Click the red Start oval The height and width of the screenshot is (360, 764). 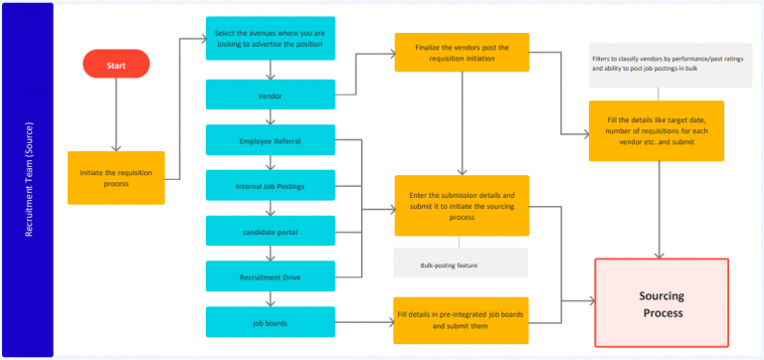pyautogui.click(x=116, y=65)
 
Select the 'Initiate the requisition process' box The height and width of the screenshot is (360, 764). pyautogui.click(x=116, y=178)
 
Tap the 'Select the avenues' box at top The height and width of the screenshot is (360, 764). pyautogui.click(x=271, y=39)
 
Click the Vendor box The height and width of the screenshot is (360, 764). pyautogui.click(x=271, y=95)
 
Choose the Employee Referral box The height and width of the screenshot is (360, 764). pyautogui.click(x=271, y=140)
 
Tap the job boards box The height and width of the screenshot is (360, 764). pyautogui.click(x=271, y=321)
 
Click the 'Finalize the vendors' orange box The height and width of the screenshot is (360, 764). pyautogui.click(x=461, y=53)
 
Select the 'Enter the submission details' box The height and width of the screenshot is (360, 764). pyautogui.click(x=461, y=206)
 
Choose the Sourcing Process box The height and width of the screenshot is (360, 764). pyautogui.click(x=662, y=304)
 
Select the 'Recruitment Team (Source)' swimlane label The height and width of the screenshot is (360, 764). pyautogui.click(x=28, y=180)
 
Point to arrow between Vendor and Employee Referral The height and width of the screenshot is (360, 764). pyautogui.click(x=271, y=116)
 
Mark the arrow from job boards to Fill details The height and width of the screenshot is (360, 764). pyautogui.click(x=364, y=321)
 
